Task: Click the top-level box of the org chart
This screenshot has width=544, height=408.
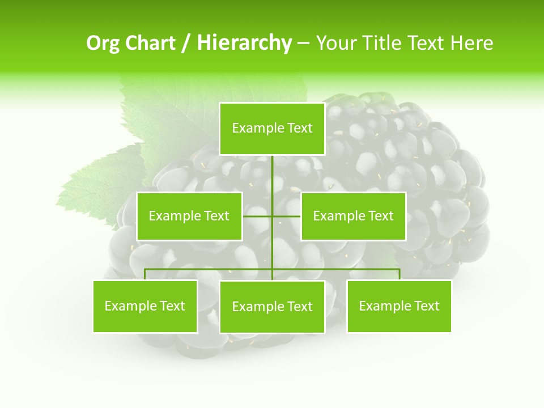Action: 272,129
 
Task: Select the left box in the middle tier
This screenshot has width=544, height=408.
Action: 189,216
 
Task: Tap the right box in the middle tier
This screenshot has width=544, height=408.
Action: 353,216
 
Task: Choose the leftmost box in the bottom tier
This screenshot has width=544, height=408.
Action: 145,306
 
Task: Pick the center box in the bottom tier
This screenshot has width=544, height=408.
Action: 272,307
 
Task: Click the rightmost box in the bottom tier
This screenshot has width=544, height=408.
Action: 399,306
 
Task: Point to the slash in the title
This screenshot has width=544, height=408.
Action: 186,43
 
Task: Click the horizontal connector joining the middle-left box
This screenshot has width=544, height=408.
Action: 257,216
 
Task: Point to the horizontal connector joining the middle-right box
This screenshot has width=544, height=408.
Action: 287,216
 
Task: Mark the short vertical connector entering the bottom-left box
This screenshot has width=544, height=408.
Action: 145,274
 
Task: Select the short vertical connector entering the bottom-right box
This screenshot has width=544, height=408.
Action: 399,274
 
